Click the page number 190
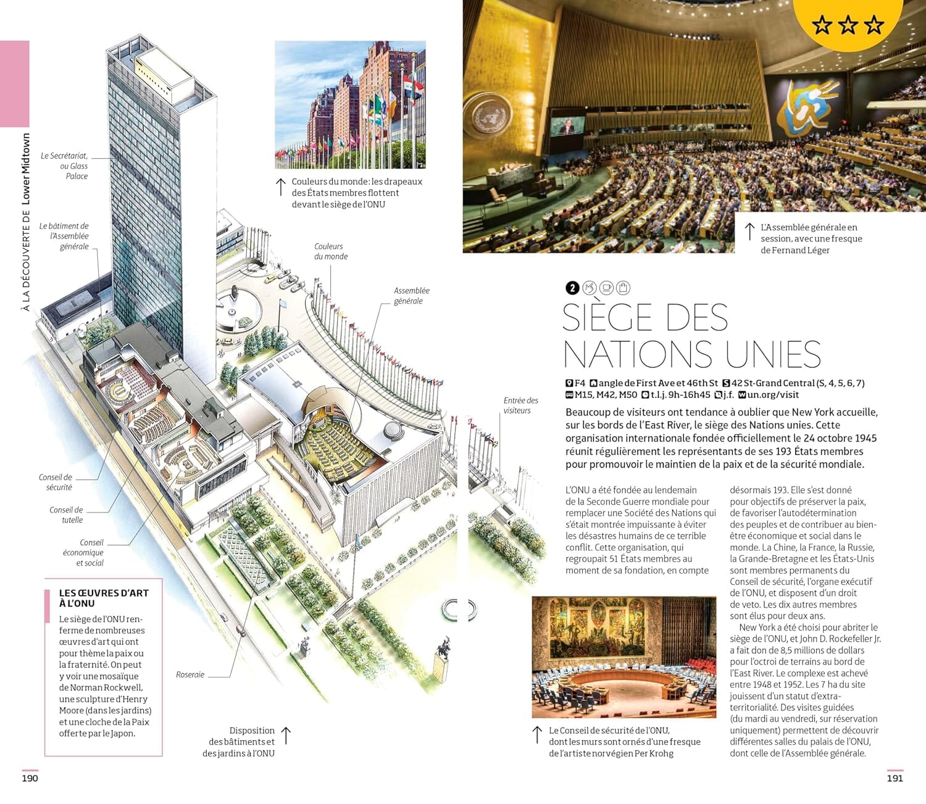(x=30, y=778)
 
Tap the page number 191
(x=895, y=778)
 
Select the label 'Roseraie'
(x=190, y=674)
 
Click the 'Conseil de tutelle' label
(x=67, y=515)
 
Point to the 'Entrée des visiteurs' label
(x=520, y=405)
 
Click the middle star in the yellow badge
(x=848, y=25)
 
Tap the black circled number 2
(x=572, y=288)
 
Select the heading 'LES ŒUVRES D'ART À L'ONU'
(x=104, y=598)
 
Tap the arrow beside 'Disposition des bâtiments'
(x=286, y=735)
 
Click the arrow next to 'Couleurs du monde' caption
(x=280, y=186)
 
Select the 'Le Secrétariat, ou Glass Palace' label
(x=65, y=166)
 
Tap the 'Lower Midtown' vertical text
(x=26, y=169)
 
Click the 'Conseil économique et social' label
(x=83, y=553)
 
